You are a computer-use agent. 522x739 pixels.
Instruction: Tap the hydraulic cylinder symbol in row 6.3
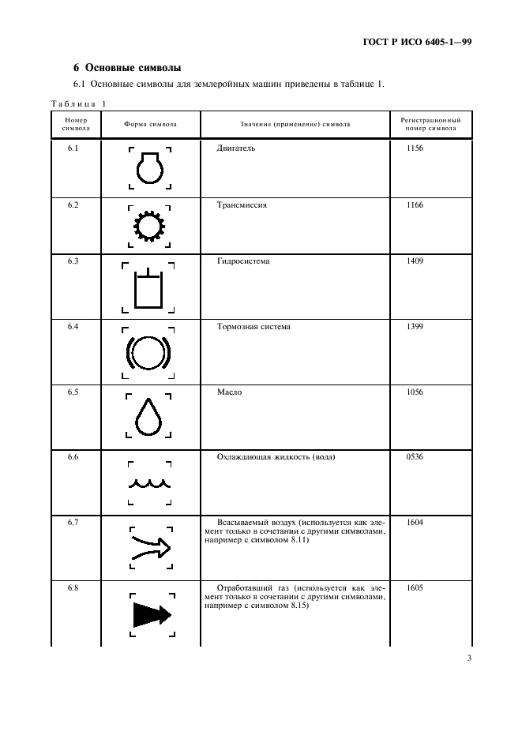click(x=149, y=290)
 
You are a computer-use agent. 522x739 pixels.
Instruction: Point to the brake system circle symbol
click(x=149, y=352)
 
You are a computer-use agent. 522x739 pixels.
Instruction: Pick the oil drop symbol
click(x=149, y=416)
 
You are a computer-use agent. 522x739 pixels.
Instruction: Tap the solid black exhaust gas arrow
click(x=149, y=612)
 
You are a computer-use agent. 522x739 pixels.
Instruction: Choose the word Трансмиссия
click(x=242, y=205)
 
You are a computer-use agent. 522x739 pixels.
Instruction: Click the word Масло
click(x=229, y=392)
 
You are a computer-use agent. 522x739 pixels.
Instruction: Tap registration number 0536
click(x=415, y=457)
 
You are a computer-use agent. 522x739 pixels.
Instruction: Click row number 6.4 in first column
click(x=73, y=327)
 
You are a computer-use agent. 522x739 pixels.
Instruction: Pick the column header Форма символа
click(x=150, y=125)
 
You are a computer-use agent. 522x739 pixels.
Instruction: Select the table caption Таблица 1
click(x=78, y=103)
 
